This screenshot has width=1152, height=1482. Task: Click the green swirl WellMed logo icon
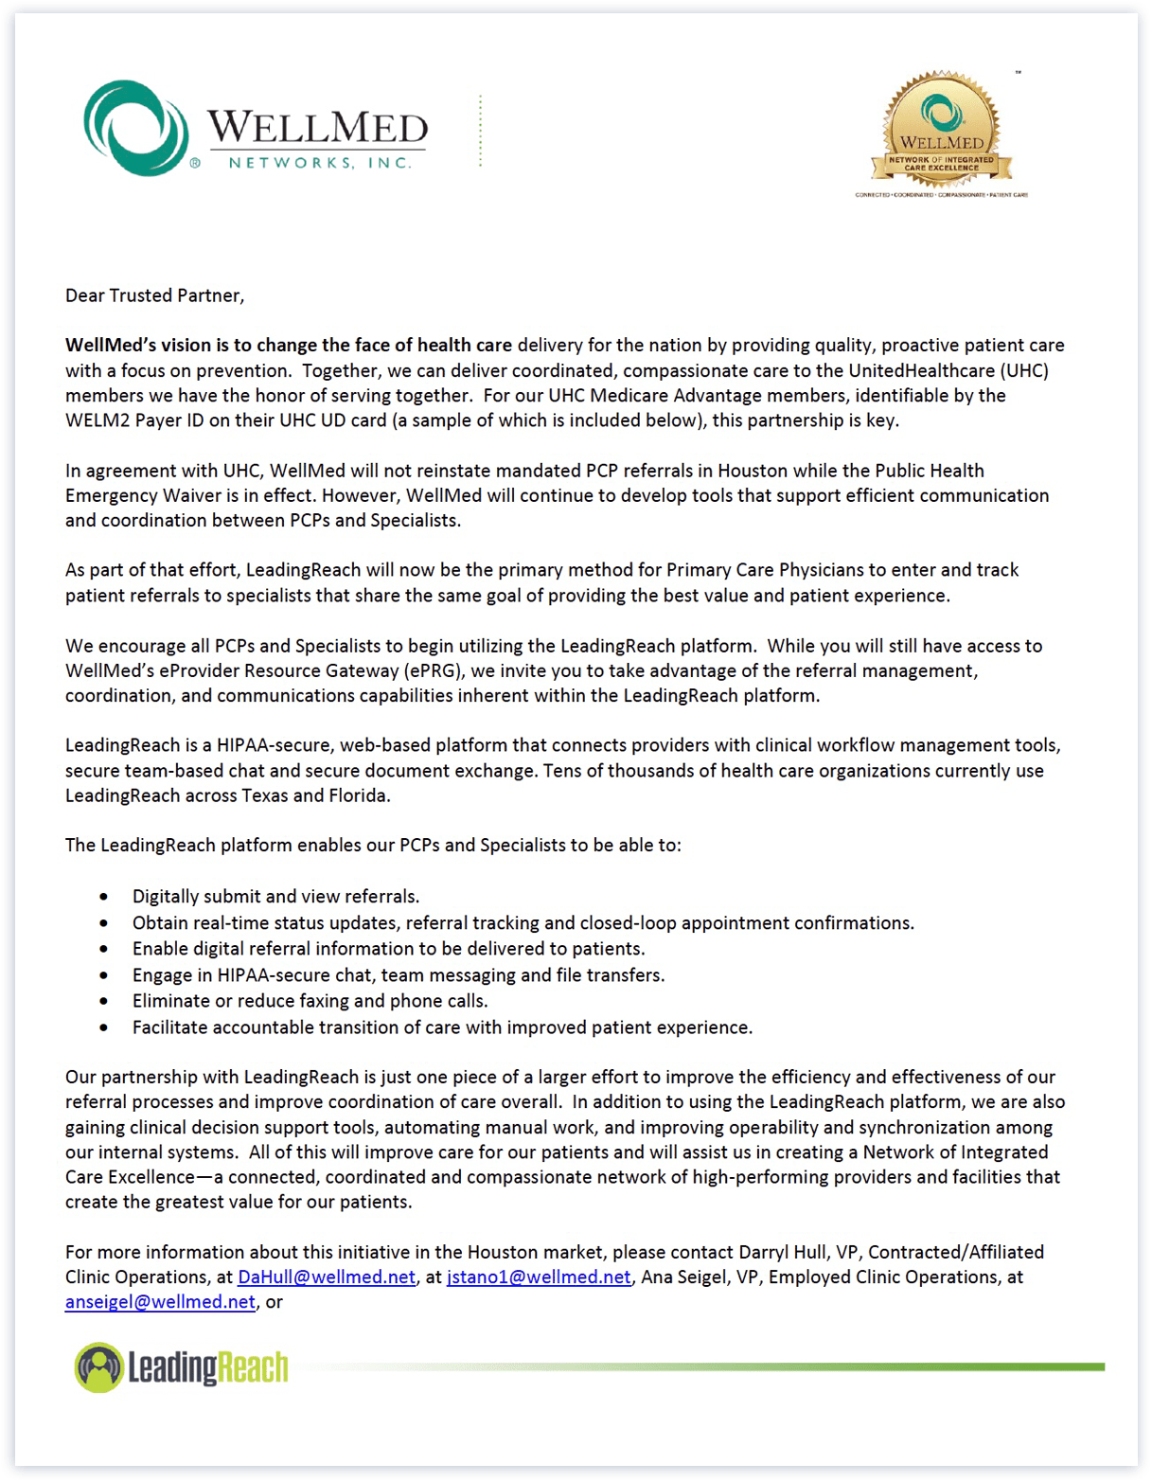pyautogui.click(x=135, y=128)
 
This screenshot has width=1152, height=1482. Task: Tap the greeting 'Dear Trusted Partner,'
pyautogui.click(x=154, y=295)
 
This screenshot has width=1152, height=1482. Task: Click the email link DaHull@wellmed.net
pyautogui.click(x=326, y=1277)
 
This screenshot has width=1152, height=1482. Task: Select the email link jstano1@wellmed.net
pyautogui.click(x=538, y=1277)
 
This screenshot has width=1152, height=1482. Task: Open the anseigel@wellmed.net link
pyautogui.click(x=160, y=1301)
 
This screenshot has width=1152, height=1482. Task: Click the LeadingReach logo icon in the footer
pyautogui.click(x=99, y=1367)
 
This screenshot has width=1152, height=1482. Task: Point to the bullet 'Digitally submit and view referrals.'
pyautogui.click(x=275, y=896)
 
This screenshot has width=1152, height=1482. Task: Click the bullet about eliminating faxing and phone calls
pyautogui.click(x=310, y=1000)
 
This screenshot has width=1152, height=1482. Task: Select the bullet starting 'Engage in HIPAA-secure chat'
pyautogui.click(x=398, y=974)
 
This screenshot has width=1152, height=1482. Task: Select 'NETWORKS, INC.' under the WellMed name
pyautogui.click(x=320, y=163)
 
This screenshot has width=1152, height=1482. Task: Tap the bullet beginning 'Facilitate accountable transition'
pyautogui.click(x=442, y=1027)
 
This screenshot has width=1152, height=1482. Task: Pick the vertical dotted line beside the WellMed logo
pyautogui.click(x=481, y=131)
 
